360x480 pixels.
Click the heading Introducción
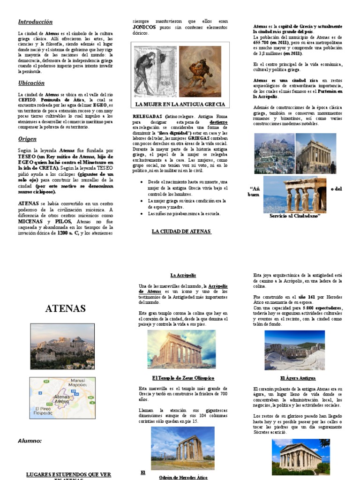(35, 22)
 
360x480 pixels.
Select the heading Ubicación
(31, 83)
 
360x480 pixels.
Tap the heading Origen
(27, 139)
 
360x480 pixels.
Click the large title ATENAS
(65, 308)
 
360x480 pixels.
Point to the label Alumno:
(30, 441)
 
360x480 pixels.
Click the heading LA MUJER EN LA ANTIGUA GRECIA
(180, 104)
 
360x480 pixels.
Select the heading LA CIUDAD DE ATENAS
(181, 231)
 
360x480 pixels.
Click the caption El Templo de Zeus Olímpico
(183, 378)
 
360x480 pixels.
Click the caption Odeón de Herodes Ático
(183, 477)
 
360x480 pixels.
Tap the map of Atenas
(62, 398)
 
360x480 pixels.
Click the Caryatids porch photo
(295, 194)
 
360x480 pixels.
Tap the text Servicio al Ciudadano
(294, 216)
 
